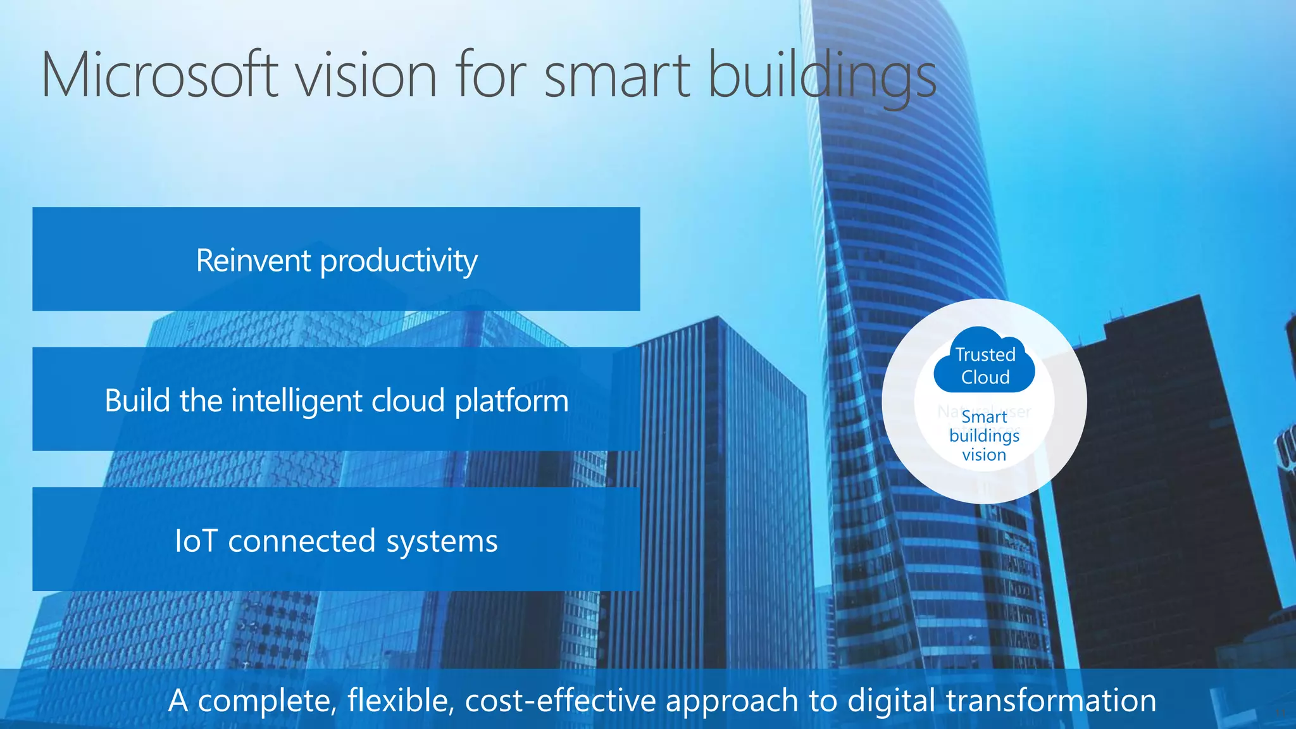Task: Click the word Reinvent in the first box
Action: (253, 260)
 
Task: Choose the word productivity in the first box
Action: (399, 261)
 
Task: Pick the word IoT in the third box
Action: (196, 541)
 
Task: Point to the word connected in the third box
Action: (302, 541)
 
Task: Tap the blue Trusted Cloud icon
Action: (985, 361)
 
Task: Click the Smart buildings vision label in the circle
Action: (984, 435)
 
